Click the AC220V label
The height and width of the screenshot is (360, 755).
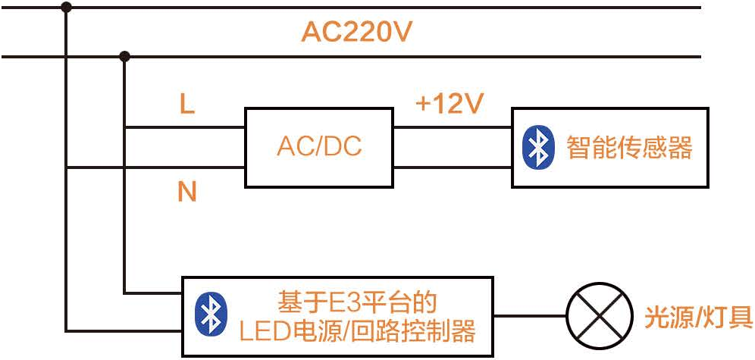[x=357, y=33]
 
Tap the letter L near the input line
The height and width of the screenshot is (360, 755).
[x=186, y=104]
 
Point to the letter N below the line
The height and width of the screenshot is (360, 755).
[x=186, y=193]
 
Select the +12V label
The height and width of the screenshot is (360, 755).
[x=450, y=104]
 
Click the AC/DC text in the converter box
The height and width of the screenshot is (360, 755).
[x=319, y=147]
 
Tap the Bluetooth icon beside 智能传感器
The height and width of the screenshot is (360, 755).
[x=538, y=147]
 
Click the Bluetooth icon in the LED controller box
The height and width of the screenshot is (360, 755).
[x=211, y=315]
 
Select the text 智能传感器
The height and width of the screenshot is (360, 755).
[x=629, y=147]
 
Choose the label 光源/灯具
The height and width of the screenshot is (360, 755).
[x=698, y=317]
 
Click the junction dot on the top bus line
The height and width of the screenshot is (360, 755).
[x=66, y=7]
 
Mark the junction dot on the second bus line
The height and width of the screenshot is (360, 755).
[x=125, y=56]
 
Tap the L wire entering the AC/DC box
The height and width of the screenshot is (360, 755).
[x=186, y=127]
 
